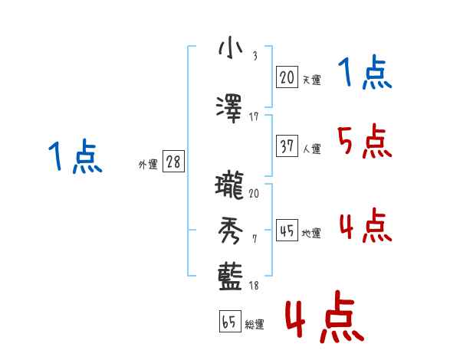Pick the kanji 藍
pos(229,276)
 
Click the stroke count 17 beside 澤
pos(254,116)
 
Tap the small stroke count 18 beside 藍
pos(254,286)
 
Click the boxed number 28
pos(173,162)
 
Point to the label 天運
pos(311,80)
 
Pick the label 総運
pos(255,325)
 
